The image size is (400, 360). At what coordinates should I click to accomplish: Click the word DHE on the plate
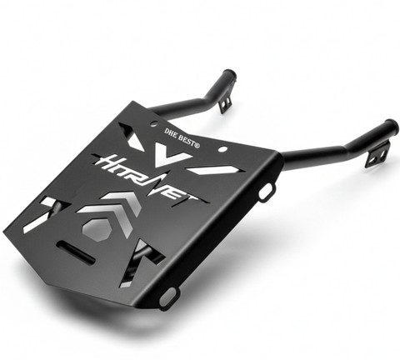tap(171, 132)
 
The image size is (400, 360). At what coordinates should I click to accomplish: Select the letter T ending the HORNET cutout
tap(194, 199)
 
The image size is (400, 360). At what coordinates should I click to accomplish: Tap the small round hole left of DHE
tap(153, 123)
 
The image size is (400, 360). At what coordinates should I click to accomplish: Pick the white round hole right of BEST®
tap(222, 149)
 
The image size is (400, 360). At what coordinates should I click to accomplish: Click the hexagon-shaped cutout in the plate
tap(97, 228)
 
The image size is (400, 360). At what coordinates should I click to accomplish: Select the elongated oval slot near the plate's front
tap(76, 252)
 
